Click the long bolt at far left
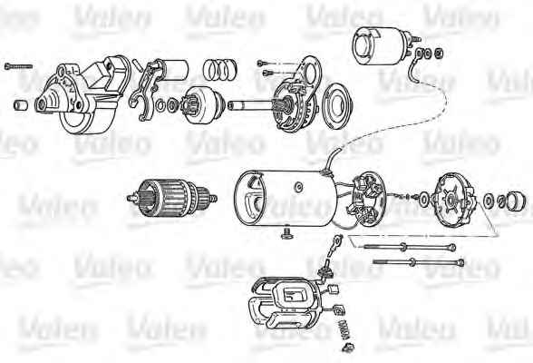(18, 66)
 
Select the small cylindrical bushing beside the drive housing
(21, 105)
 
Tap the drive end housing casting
(83, 95)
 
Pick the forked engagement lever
(145, 91)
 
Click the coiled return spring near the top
(220, 70)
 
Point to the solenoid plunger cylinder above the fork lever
(175, 70)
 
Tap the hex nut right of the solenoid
(439, 53)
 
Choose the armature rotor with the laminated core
(171, 199)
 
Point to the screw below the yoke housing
(286, 233)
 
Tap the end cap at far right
(516, 201)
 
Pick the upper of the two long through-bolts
(410, 247)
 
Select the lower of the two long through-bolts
(419, 262)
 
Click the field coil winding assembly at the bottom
(285, 302)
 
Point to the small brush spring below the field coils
(344, 329)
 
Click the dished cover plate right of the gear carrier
(337, 106)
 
